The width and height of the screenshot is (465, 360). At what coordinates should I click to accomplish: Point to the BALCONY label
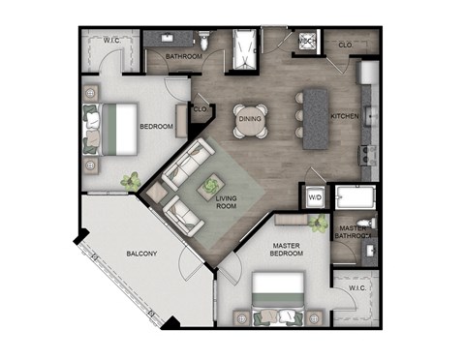[141, 255]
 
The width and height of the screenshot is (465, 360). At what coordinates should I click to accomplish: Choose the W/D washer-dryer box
[315, 197]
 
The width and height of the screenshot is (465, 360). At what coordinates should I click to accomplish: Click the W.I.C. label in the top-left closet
[112, 39]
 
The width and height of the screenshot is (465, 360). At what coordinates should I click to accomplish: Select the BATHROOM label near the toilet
[183, 56]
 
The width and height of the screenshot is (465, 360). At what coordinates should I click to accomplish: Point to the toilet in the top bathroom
[203, 41]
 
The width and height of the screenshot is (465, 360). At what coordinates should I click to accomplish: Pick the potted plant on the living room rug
[210, 184]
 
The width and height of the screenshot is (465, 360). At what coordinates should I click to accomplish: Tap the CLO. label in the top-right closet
[344, 45]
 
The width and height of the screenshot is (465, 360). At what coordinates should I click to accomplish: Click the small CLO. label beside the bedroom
[201, 109]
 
